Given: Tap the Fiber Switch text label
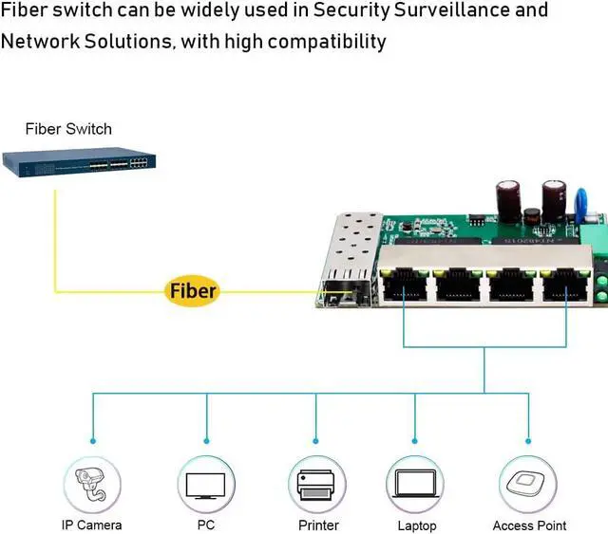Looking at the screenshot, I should (x=68, y=129).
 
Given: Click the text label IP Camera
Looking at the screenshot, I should (x=92, y=525).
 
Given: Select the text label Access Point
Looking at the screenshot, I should (x=529, y=525).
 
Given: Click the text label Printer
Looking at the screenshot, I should (x=318, y=525).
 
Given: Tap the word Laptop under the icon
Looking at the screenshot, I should (x=417, y=525).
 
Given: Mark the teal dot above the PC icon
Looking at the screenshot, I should (x=206, y=440).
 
